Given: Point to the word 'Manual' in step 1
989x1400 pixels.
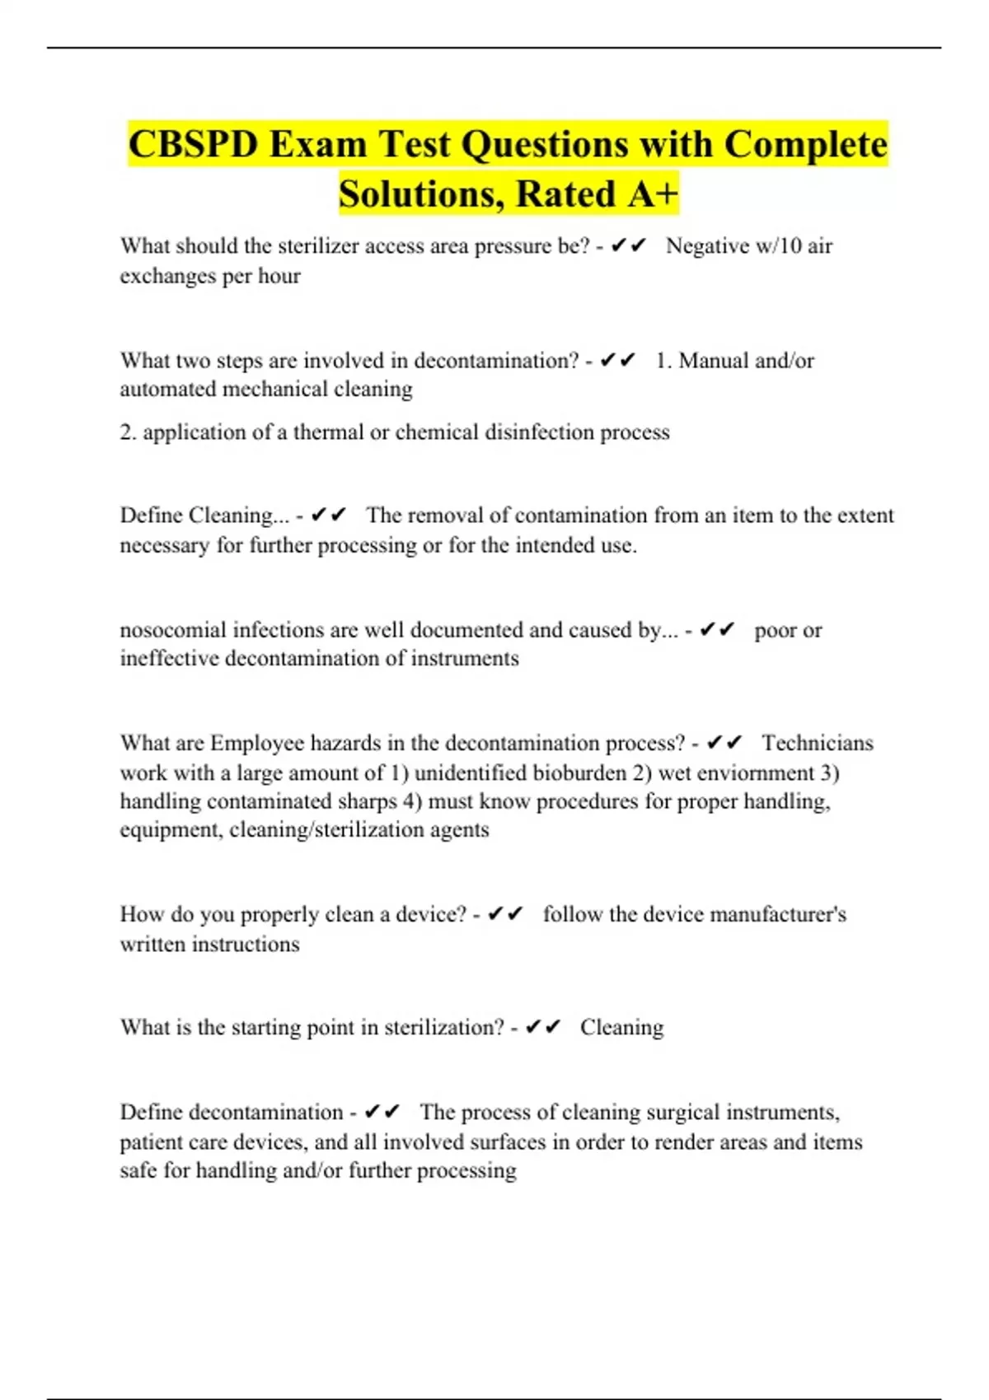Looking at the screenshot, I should [x=714, y=361].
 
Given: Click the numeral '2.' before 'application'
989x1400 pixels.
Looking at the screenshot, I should [x=128, y=432].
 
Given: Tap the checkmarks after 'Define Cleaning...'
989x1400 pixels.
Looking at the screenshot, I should [x=329, y=516].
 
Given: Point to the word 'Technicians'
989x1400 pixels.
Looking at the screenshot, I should [x=817, y=744].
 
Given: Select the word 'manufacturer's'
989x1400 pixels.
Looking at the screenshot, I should [x=777, y=915].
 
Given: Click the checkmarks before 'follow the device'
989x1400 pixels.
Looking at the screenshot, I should [x=505, y=915].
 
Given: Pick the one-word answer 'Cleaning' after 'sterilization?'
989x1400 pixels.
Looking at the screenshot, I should [x=621, y=1028].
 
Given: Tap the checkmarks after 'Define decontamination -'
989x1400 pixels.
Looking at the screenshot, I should [x=382, y=1113].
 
